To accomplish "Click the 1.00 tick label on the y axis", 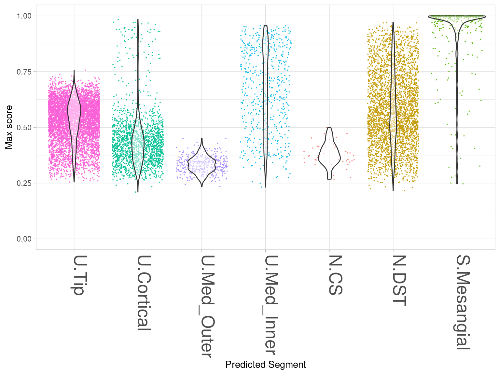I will point(24,16).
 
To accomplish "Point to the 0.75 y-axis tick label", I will point(24,72).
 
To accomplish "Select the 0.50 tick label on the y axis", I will point(24,127).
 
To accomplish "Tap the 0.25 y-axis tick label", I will point(24,183).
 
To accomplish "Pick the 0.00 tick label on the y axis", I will point(24,239).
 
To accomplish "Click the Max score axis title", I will point(9,127).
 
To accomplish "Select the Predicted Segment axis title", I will point(265,365).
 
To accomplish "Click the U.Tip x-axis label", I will point(78,275).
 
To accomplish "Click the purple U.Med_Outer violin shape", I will point(202,163).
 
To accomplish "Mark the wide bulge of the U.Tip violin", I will point(74,111).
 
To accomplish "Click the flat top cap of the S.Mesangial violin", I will point(457,16).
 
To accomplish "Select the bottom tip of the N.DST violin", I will point(393,190).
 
